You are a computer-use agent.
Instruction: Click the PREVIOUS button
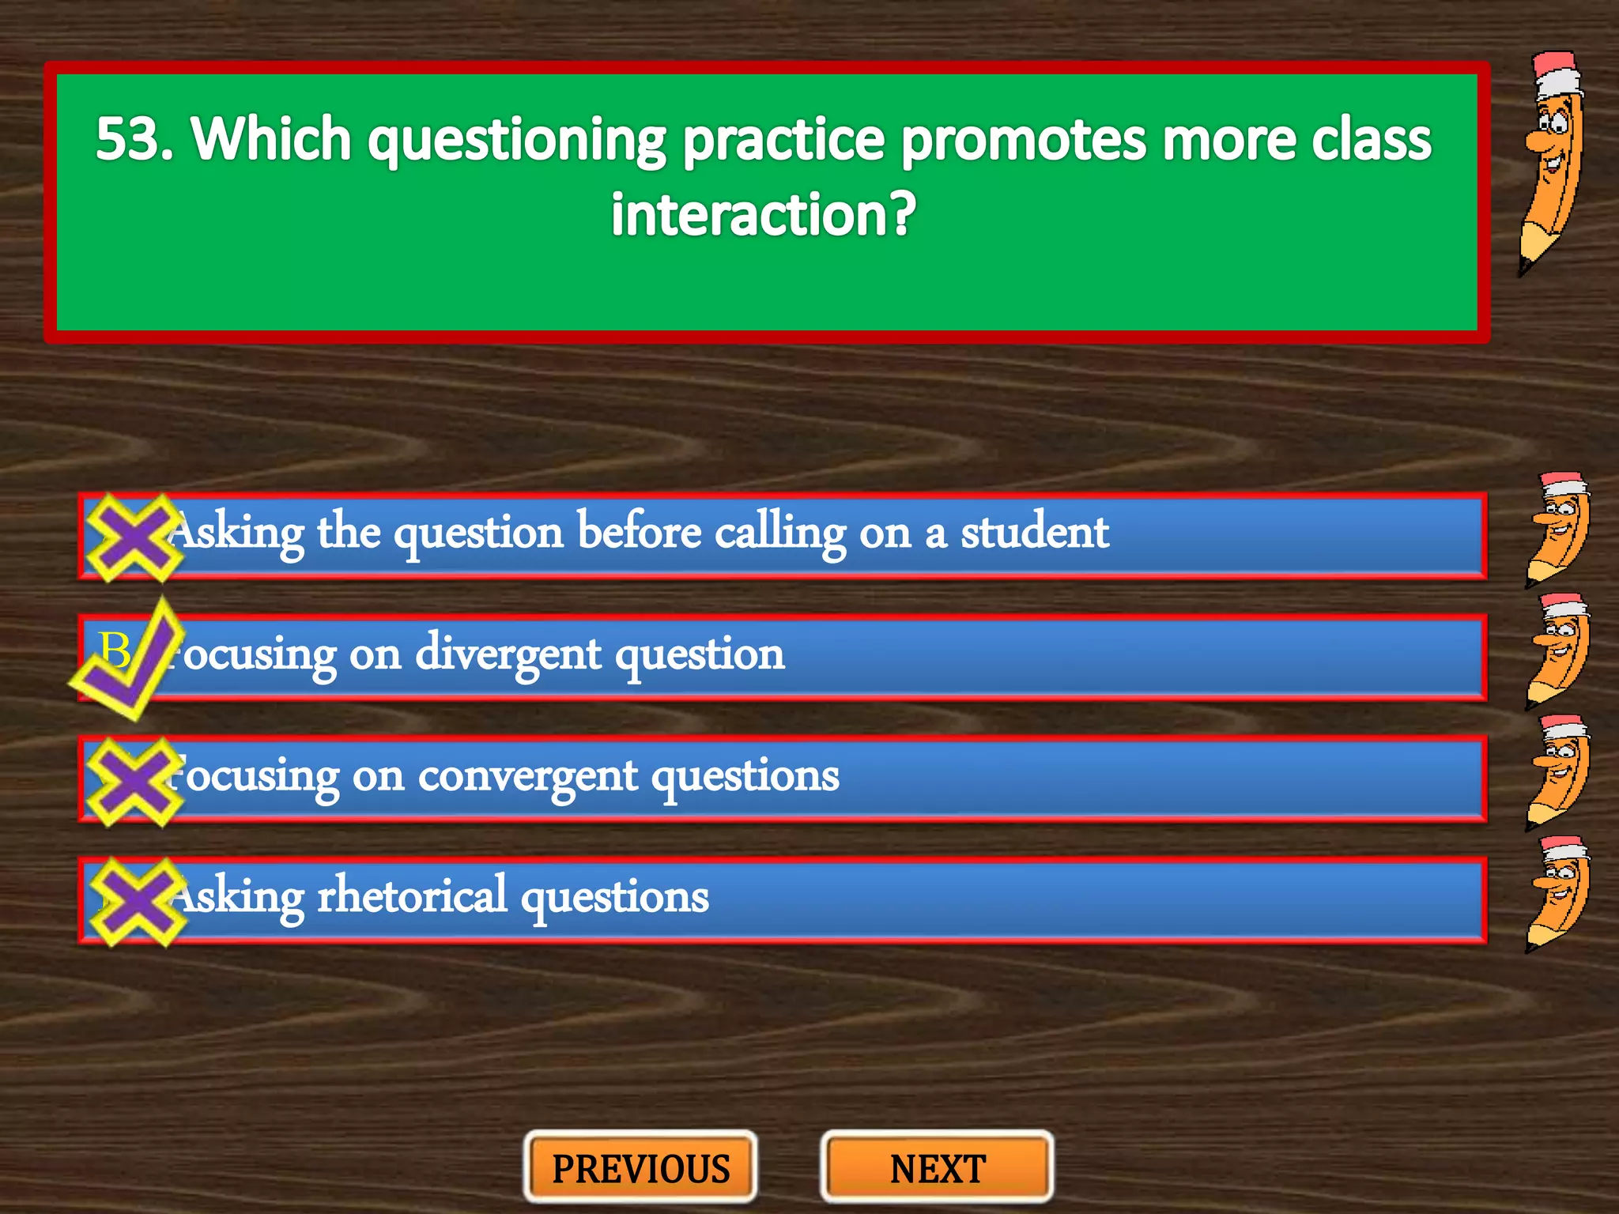click(x=640, y=1168)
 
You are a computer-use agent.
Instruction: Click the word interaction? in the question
click(x=764, y=214)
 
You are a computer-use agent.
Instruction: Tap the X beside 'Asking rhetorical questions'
click(x=135, y=902)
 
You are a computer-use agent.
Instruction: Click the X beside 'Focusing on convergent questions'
click(x=134, y=781)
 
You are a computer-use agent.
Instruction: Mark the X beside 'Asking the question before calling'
click(x=134, y=537)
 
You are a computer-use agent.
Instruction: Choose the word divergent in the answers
click(x=508, y=655)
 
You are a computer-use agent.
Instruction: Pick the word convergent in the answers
click(x=527, y=777)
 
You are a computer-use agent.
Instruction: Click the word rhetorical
click(x=412, y=897)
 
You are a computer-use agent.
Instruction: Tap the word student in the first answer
click(x=1035, y=532)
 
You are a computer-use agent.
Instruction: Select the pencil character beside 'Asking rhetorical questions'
click(x=1557, y=893)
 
